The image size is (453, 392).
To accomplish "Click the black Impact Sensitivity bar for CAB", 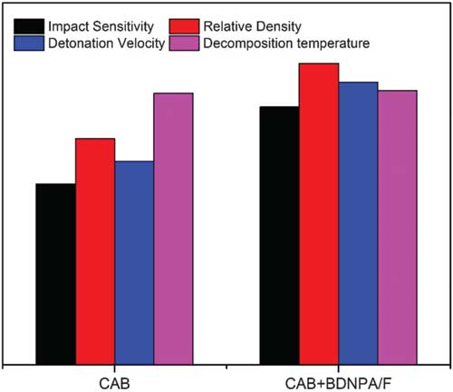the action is (x=55, y=274).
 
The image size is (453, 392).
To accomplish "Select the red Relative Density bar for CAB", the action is (x=95, y=251).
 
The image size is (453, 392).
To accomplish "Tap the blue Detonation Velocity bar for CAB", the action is (x=134, y=263).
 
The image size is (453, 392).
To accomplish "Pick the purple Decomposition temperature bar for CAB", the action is (x=174, y=229).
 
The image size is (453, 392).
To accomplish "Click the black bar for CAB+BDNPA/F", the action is (x=279, y=235).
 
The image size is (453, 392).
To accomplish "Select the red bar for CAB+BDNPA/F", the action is (x=319, y=214).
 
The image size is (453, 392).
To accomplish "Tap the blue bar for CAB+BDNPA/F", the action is (x=358, y=223).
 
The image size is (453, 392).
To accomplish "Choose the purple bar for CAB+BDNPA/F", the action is (x=398, y=227).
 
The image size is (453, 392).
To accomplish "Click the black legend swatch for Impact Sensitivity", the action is (x=29, y=26).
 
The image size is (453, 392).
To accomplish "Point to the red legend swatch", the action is (x=184, y=26).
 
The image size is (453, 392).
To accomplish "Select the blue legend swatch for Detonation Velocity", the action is (x=29, y=44).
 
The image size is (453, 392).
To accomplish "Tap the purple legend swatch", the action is (x=184, y=44).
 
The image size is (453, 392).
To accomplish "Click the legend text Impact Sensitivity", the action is (x=101, y=26).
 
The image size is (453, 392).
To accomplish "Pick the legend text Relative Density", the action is (x=252, y=26).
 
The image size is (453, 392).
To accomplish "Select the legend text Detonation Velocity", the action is (x=107, y=44).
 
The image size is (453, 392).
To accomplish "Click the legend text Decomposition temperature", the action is (x=286, y=44).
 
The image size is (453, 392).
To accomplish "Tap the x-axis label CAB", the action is (x=114, y=384).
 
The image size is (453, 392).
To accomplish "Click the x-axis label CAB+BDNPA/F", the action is (x=338, y=384).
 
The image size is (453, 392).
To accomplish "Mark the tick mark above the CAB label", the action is (x=114, y=368).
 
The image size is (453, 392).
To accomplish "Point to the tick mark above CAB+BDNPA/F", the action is (x=338, y=368).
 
